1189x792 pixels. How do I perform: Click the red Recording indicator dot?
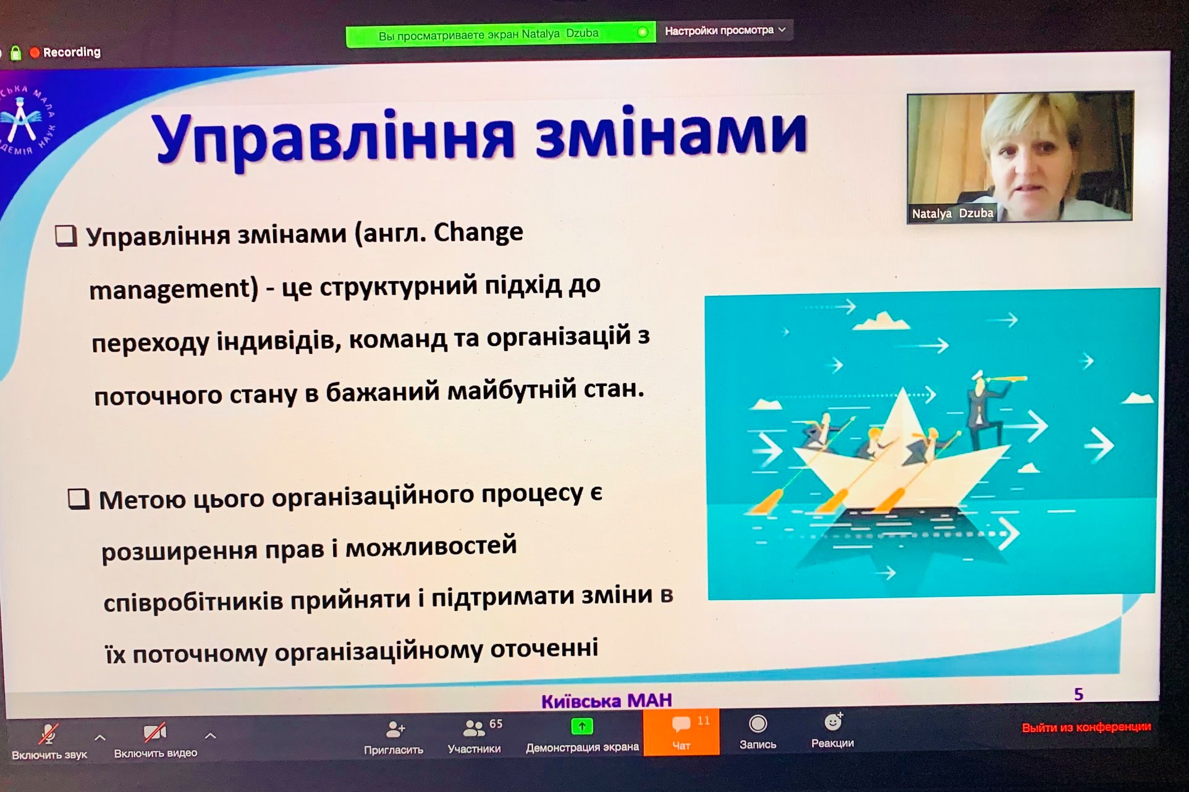pos(35,53)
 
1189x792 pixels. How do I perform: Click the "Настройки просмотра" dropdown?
pos(725,30)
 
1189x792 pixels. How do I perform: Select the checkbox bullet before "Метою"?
pos(78,499)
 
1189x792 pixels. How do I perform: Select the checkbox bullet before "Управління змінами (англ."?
pos(66,236)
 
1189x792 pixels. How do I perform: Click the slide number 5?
pos(1078,694)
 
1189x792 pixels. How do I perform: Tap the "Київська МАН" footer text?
pos(606,701)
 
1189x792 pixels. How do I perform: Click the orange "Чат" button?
pos(681,732)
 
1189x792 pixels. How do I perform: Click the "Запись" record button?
pos(758,733)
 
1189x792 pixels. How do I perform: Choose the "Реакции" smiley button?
pos(832,731)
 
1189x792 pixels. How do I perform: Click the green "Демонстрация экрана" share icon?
pos(582,727)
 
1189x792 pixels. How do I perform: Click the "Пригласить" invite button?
pos(394,738)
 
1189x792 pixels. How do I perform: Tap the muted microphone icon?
pos(48,733)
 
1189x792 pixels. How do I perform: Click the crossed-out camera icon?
pos(154,733)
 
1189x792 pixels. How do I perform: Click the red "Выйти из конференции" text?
pos(1086,727)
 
